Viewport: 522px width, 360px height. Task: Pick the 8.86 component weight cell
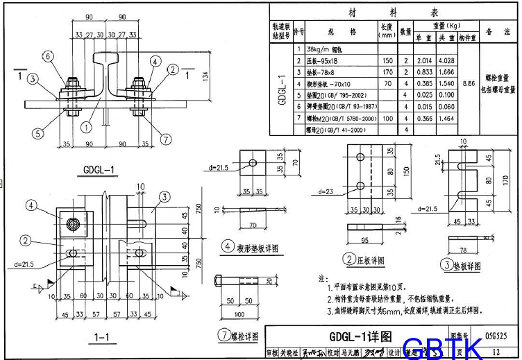click(469, 83)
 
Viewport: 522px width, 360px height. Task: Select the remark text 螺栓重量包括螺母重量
click(500, 83)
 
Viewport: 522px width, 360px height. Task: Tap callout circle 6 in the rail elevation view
click(47, 56)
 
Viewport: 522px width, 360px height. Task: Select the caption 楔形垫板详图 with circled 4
click(250, 247)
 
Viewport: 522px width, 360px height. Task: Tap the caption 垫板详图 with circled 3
click(466, 265)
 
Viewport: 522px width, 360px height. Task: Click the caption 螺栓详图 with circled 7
click(239, 336)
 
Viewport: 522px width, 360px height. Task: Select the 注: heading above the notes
click(321, 277)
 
